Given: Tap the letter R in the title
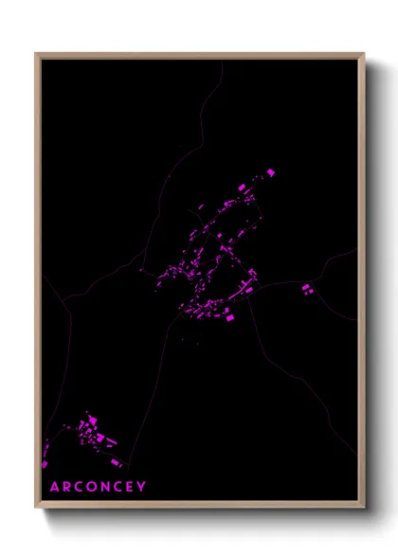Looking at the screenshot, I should pyautogui.click(x=66, y=487).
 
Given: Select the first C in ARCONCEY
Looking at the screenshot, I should pyautogui.click(x=80, y=487).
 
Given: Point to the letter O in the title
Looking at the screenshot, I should pyautogui.click(x=94, y=487).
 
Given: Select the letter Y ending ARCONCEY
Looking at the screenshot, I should pyautogui.click(x=143, y=487).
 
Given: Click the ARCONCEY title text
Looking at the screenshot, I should pyautogui.click(x=98, y=487).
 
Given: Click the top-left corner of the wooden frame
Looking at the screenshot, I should pyautogui.click(x=36, y=55).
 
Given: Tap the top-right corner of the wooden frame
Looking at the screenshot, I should pyautogui.click(x=363, y=55).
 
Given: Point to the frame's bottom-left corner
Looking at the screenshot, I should pyautogui.click(x=36, y=507).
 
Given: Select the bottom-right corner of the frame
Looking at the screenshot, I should pyautogui.click(x=363, y=507).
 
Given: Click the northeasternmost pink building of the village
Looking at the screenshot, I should pyautogui.click(x=271, y=172).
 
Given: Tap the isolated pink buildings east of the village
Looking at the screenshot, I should pyautogui.click(x=306, y=287).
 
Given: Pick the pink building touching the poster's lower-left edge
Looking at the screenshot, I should pyautogui.click(x=44, y=463).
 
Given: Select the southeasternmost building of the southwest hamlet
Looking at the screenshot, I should pyautogui.click(x=117, y=462).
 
